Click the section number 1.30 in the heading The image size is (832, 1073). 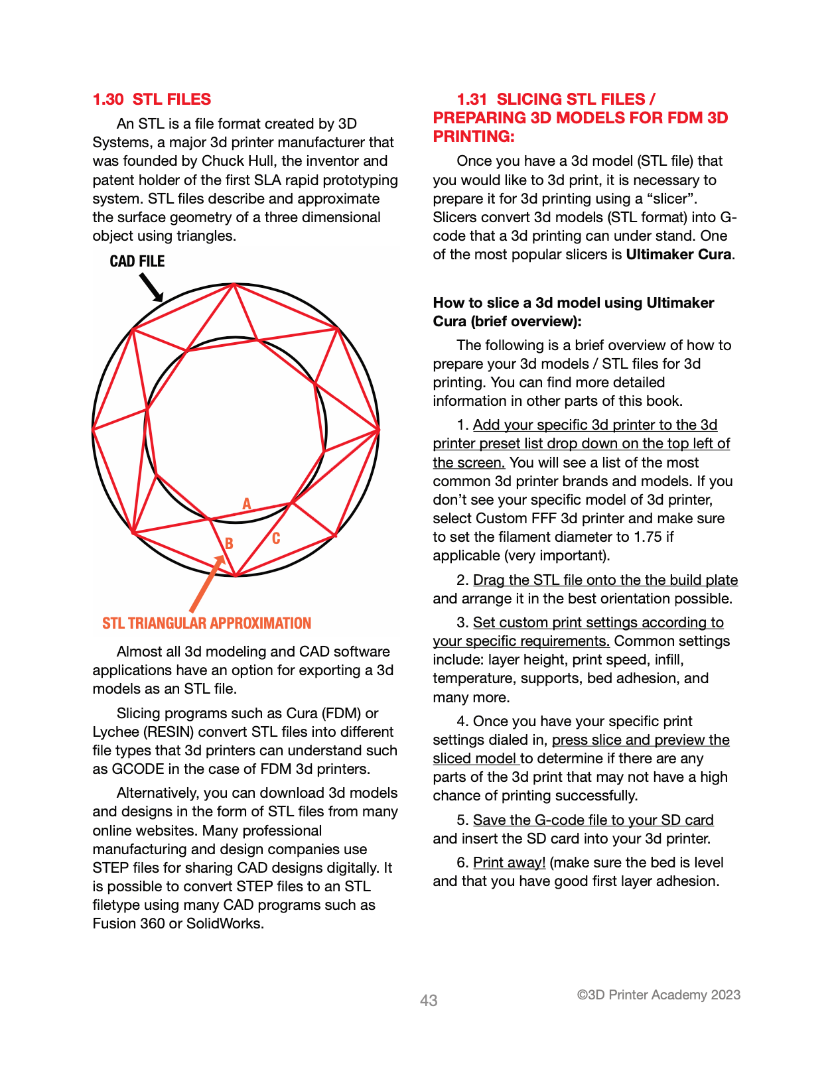(x=108, y=99)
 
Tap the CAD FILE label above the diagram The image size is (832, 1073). (x=137, y=261)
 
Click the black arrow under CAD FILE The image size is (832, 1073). (x=152, y=288)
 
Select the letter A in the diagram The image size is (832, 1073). (x=247, y=503)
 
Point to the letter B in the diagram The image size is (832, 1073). (x=229, y=543)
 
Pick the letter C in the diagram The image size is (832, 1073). (x=276, y=538)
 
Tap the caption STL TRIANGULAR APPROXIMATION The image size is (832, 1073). (x=206, y=623)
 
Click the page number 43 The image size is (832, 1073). (x=429, y=1000)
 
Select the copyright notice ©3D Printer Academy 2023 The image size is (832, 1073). (x=658, y=995)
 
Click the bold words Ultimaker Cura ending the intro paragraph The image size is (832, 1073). (x=678, y=255)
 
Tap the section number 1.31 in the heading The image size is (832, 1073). (x=472, y=99)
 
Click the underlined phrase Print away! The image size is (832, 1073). (x=509, y=863)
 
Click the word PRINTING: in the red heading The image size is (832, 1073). (x=474, y=137)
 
